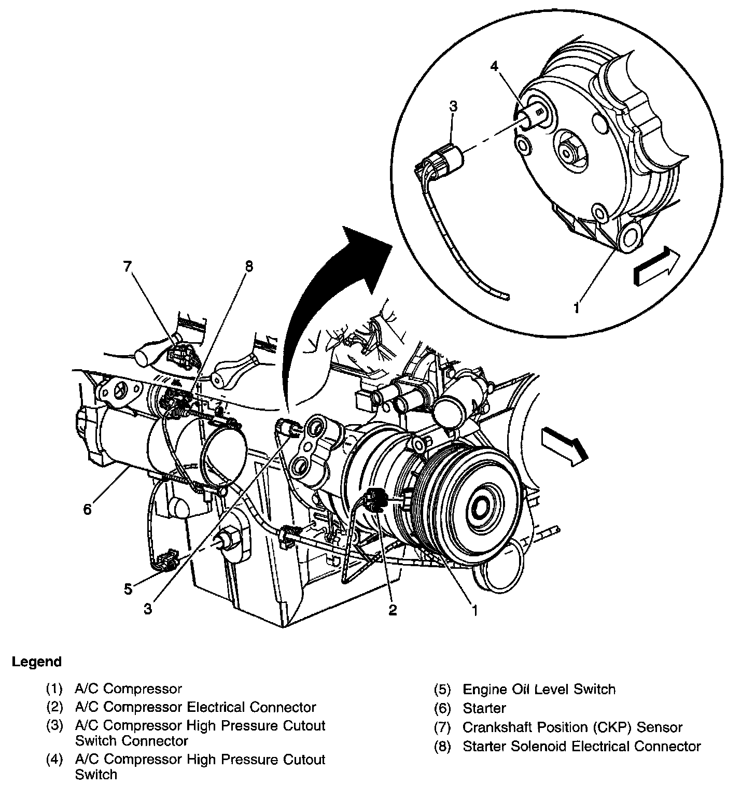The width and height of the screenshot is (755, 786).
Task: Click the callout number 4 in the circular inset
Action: click(494, 67)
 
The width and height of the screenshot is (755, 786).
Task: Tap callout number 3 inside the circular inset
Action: click(453, 107)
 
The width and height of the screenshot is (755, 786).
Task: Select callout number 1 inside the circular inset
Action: click(576, 308)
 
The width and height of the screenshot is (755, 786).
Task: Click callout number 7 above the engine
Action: click(128, 267)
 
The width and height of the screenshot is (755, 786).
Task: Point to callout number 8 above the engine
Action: click(249, 266)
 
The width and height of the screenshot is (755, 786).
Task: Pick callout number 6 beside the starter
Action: click(87, 510)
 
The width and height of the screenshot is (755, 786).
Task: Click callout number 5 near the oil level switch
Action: click(129, 589)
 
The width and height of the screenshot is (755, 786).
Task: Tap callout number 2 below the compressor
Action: click(393, 610)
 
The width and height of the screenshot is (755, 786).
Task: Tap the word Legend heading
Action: click(37, 662)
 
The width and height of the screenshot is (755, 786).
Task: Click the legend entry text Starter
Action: click(484, 708)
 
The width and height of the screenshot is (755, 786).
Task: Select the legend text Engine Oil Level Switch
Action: click(539, 690)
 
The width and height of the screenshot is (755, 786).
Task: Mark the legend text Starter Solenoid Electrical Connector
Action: click(581, 747)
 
